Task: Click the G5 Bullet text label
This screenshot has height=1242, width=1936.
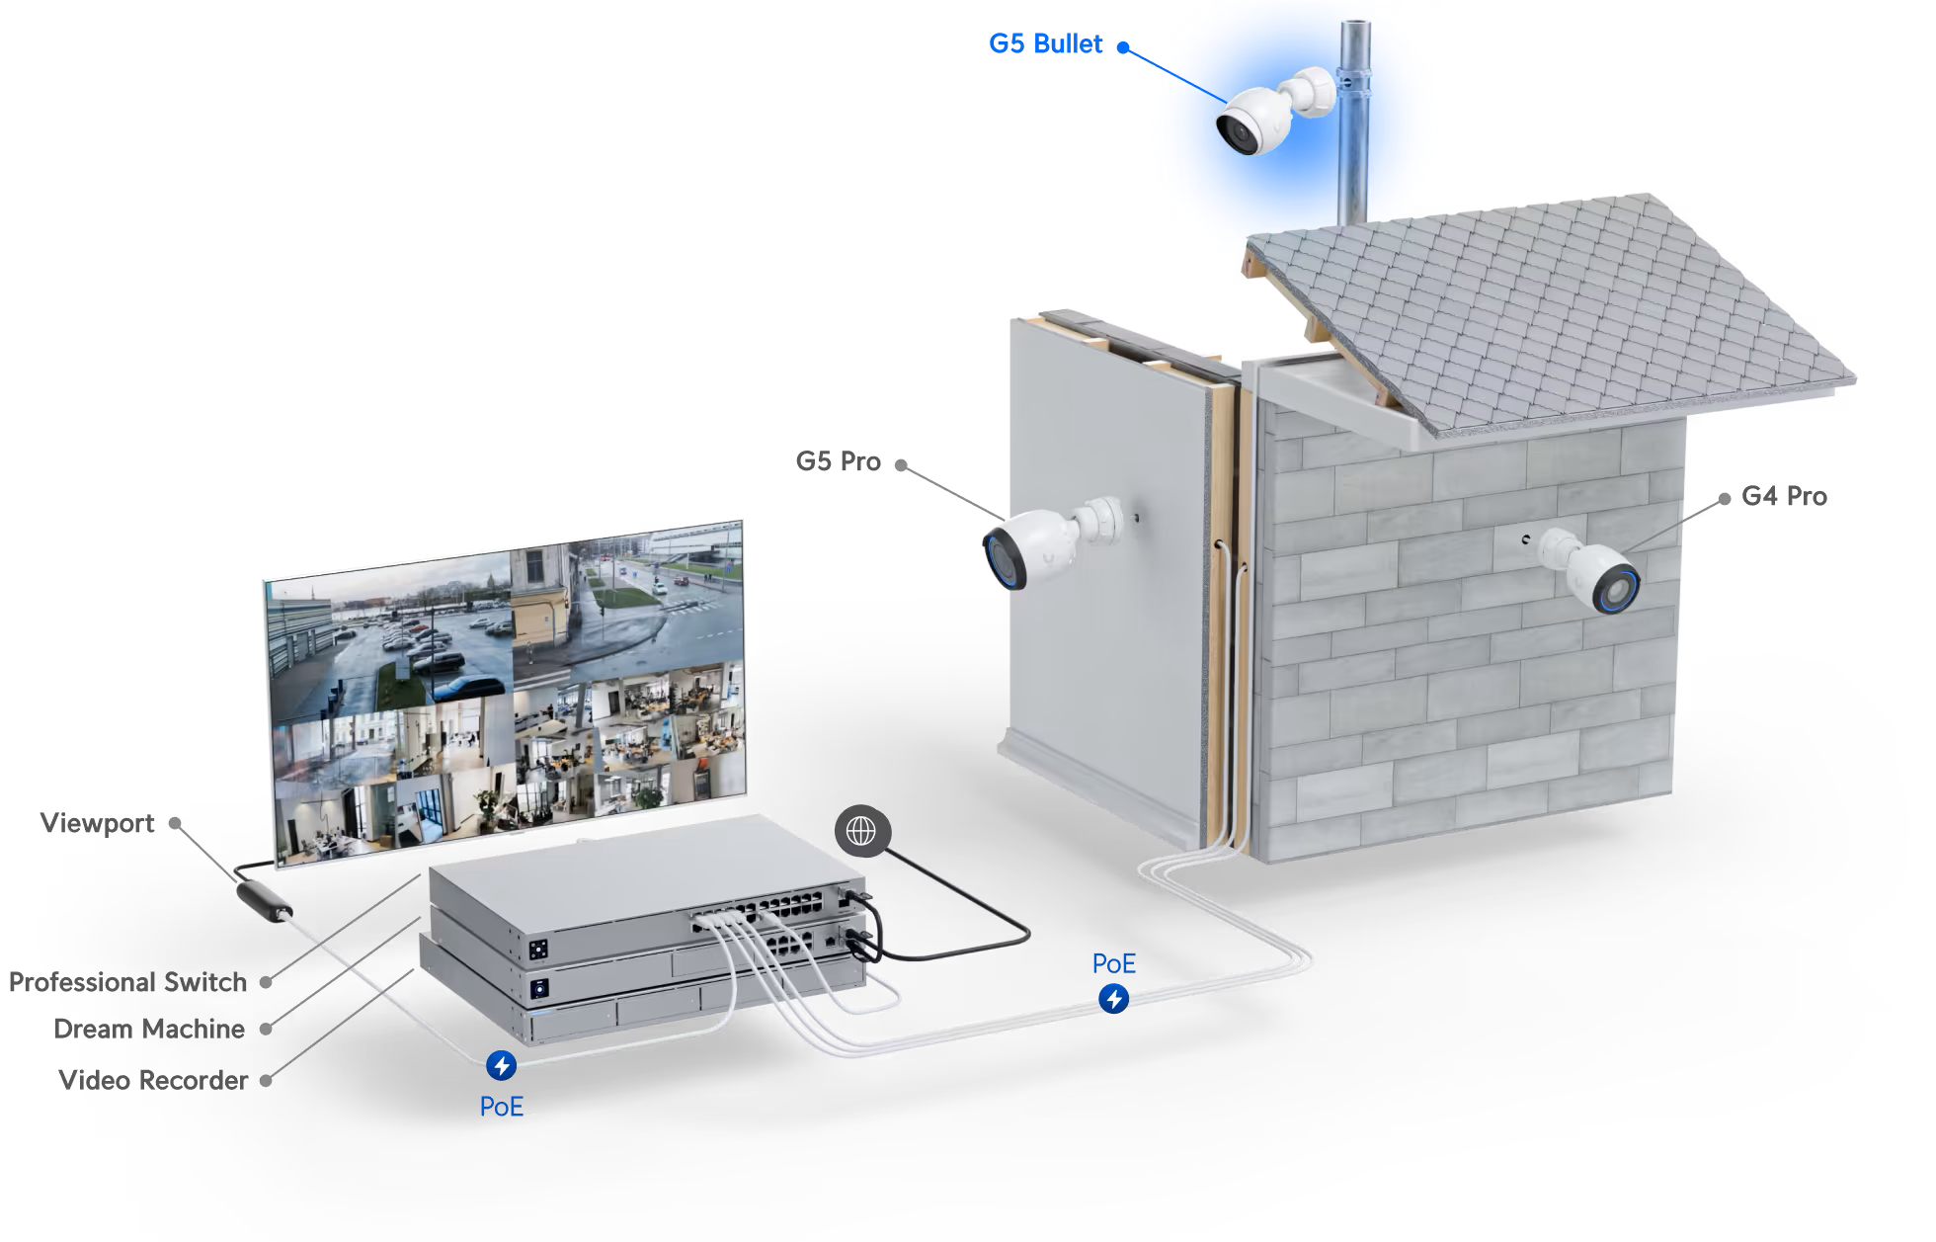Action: click(1045, 44)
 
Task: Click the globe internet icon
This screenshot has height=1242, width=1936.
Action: click(861, 831)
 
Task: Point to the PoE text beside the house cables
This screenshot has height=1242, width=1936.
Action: click(1113, 963)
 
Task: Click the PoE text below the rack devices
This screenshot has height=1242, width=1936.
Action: click(501, 1107)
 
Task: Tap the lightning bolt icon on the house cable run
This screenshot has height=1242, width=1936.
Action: click(1113, 999)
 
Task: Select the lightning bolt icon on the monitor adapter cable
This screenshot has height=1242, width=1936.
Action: click(501, 1065)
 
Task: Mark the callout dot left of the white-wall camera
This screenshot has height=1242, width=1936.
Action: click(900, 464)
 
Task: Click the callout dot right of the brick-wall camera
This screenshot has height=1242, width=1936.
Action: click(1725, 499)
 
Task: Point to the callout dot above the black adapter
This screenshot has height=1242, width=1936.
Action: click(175, 822)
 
